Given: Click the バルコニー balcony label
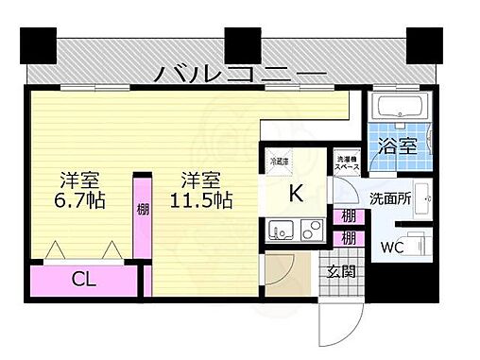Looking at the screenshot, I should point(240,71).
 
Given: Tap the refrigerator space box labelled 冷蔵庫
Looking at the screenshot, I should point(280,162).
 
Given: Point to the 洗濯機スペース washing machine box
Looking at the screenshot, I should point(348,162).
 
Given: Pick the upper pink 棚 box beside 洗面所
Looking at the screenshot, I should point(349,217).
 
